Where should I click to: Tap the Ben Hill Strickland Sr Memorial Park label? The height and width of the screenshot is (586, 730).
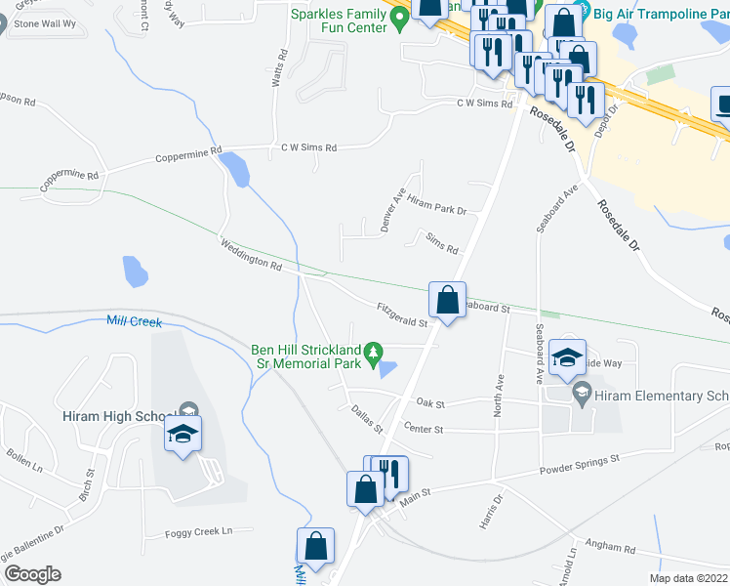pyautogui.click(x=305, y=356)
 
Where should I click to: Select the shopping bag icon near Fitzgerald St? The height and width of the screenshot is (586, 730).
pyautogui.click(x=447, y=301)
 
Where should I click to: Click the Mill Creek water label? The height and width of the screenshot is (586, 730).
pyautogui.click(x=133, y=320)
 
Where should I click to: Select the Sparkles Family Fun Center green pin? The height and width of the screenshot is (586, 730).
pyautogui.click(x=398, y=18)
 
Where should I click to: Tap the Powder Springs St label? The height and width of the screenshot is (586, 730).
pyautogui.click(x=580, y=465)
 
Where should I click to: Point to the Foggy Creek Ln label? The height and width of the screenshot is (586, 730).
pyautogui.click(x=199, y=531)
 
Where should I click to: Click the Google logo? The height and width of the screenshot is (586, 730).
pyautogui.click(x=31, y=574)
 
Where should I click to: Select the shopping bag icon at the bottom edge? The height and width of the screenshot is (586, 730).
pyautogui.click(x=316, y=548)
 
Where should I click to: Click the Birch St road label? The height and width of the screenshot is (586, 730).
pyautogui.click(x=85, y=484)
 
